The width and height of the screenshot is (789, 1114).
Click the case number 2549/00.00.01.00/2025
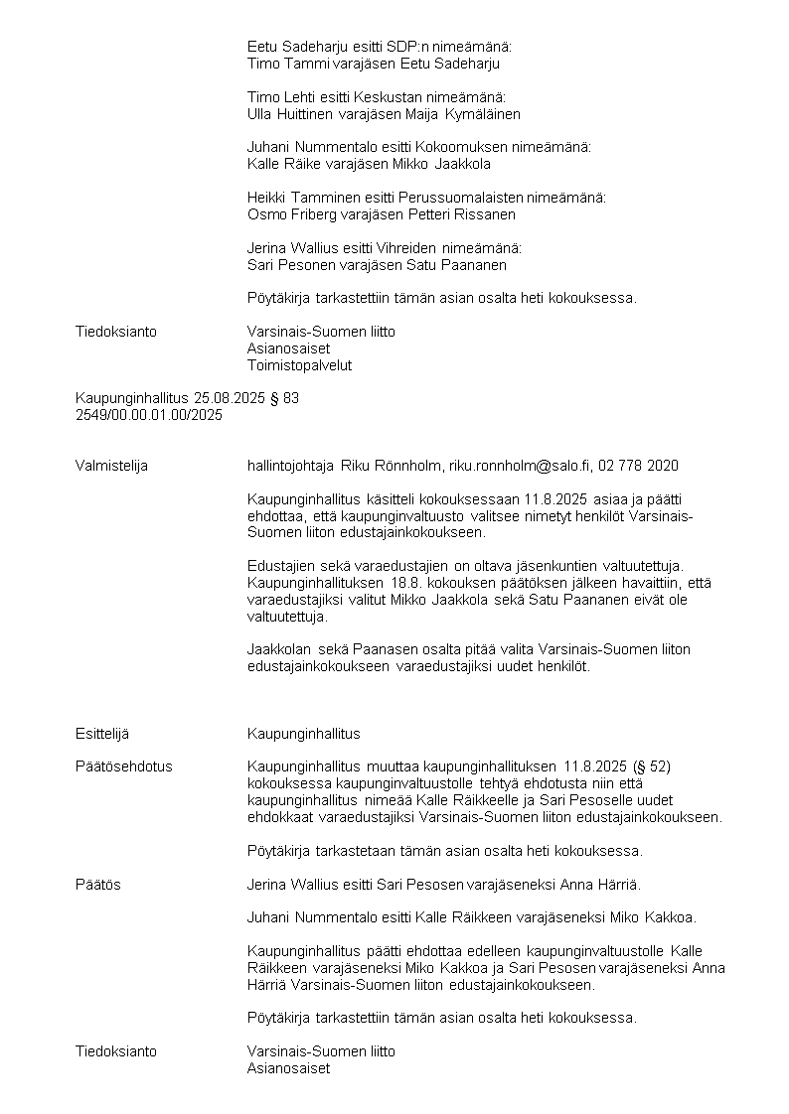click(x=149, y=415)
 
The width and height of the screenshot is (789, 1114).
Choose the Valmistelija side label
click(x=111, y=465)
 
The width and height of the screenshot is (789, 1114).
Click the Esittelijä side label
click(x=102, y=734)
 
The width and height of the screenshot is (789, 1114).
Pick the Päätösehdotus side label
click(x=124, y=766)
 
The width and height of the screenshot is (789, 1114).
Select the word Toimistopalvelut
click(x=299, y=365)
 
